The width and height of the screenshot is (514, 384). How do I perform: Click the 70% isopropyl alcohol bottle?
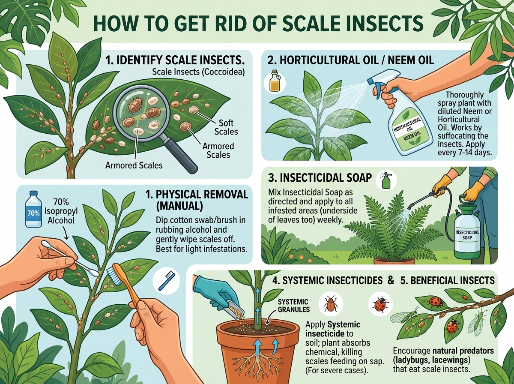[33, 209]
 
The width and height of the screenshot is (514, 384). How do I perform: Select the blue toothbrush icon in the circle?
[166, 281]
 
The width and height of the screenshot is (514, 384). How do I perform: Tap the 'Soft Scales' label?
[226, 127]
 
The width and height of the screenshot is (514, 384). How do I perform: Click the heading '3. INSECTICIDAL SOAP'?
[320, 178]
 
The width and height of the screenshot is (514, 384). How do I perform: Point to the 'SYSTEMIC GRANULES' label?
[294, 306]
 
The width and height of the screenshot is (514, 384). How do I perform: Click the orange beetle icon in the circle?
[330, 304]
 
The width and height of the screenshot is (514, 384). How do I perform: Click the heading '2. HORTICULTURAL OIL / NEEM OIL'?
[351, 60]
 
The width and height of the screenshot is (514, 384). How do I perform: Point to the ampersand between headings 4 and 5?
[390, 280]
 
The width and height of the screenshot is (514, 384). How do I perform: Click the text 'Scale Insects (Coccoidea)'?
[198, 72]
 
